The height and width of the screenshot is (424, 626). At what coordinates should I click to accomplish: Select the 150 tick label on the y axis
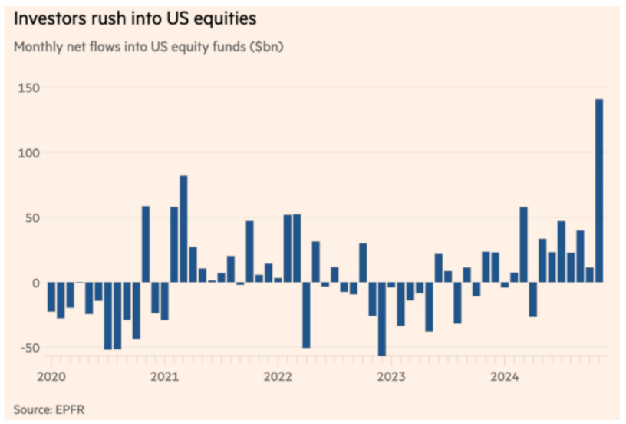pos(27,89)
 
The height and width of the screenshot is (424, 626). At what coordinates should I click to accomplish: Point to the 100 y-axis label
pos(27,154)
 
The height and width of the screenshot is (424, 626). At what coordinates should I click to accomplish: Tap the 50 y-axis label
pos(30,218)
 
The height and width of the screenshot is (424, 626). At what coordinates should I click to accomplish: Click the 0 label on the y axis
pos(34,283)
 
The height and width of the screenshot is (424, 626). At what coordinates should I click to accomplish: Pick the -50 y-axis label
pos(28,347)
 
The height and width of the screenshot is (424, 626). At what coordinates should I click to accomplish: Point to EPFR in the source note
pos(71,409)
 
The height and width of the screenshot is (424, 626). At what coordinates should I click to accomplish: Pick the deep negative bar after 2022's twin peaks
pos(306,315)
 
